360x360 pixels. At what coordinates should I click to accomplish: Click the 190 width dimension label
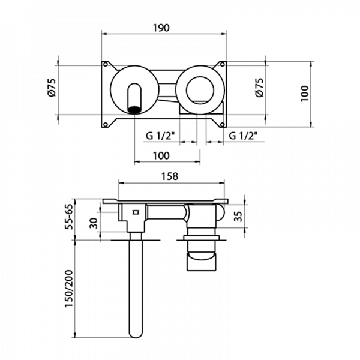click(161, 28)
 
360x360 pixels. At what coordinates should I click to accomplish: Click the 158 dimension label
click(170, 176)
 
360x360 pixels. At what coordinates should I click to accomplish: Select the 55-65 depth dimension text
click(69, 217)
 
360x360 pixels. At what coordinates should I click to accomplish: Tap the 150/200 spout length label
click(68, 288)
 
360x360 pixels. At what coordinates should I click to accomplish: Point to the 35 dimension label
click(239, 217)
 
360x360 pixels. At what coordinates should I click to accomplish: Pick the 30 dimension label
click(94, 223)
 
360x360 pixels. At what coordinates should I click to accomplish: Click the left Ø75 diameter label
click(52, 88)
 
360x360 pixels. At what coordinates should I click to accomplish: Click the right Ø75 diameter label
click(259, 88)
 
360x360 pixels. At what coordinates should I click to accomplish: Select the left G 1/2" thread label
click(160, 136)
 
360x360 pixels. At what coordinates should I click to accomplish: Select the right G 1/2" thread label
click(243, 136)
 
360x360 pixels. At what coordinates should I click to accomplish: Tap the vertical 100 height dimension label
click(305, 94)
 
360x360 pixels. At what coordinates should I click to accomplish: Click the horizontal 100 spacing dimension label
click(161, 156)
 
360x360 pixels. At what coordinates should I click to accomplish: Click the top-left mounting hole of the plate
click(106, 64)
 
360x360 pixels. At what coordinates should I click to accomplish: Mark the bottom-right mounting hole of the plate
click(222, 125)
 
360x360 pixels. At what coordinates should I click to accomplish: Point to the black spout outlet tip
click(134, 110)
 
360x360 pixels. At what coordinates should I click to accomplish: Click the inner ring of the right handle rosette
click(200, 90)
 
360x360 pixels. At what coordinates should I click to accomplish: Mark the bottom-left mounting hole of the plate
click(106, 125)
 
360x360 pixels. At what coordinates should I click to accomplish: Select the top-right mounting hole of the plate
click(222, 64)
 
